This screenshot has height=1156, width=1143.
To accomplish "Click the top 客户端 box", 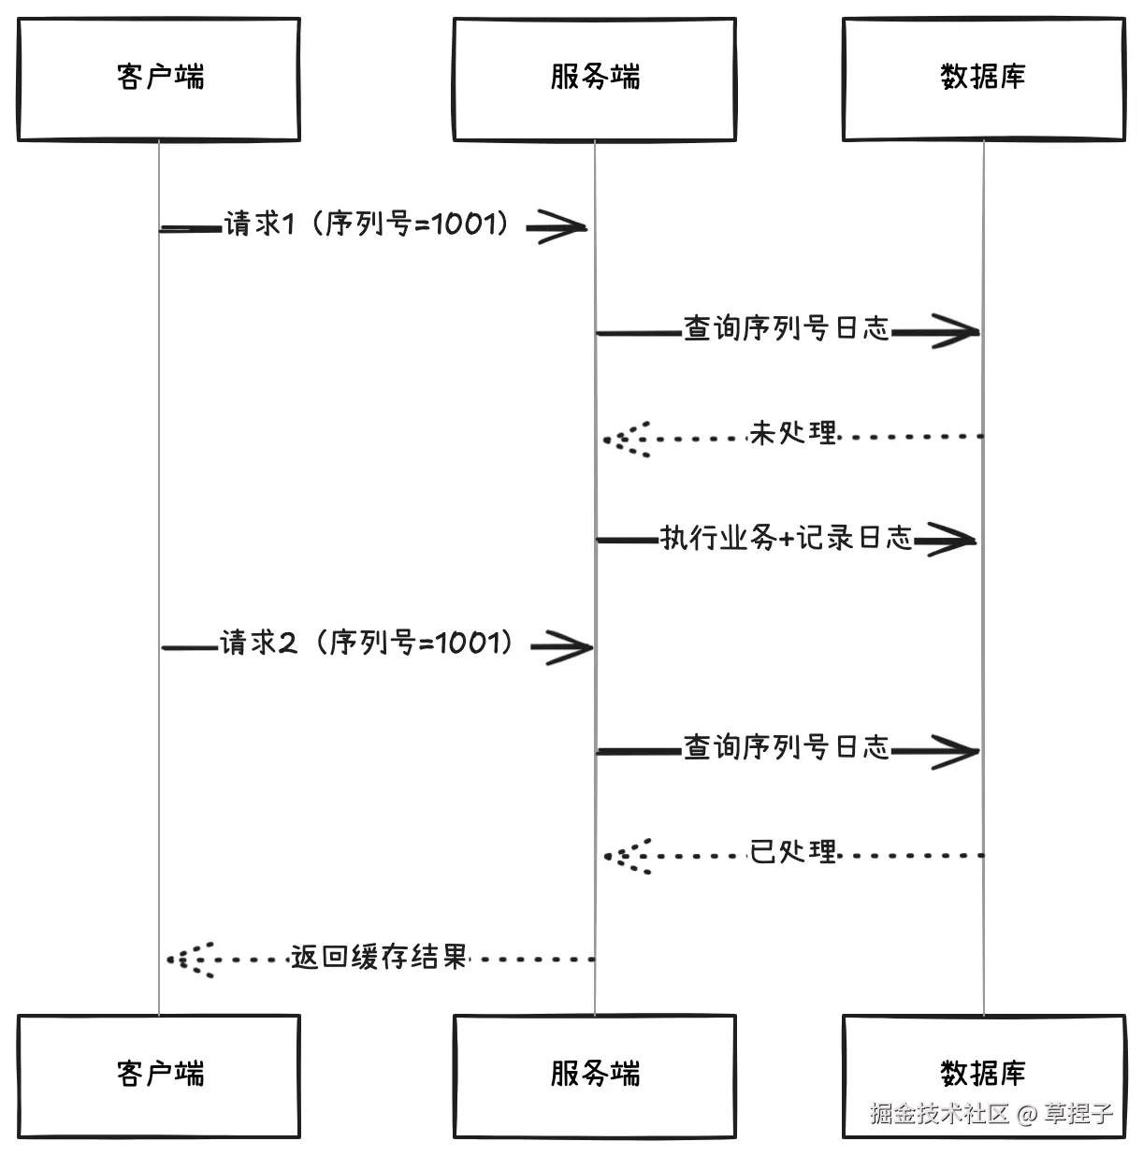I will pyautogui.click(x=158, y=79).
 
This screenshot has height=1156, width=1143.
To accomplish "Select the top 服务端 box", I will pyautogui.click(x=594, y=79).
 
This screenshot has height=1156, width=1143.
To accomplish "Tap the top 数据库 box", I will pyautogui.click(x=983, y=79).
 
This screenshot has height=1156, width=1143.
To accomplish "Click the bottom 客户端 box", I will pyautogui.click(x=158, y=1075).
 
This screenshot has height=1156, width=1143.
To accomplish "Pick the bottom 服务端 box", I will pyautogui.click(x=594, y=1075).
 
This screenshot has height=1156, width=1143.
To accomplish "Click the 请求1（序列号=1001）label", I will pyautogui.click(x=369, y=224).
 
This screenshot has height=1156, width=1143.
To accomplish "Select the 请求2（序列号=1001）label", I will pyautogui.click(x=367, y=643).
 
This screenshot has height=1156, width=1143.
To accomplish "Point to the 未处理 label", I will pyautogui.click(x=793, y=433).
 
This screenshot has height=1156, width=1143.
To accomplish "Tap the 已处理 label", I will pyautogui.click(x=793, y=852).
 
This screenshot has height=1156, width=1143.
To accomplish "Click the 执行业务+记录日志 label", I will pyautogui.click(x=786, y=538).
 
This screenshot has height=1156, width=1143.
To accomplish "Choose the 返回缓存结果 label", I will pyautogui.click(x=378, y=957).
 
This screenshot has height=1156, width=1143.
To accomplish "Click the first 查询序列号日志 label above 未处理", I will pyautogui.click(x=786, y=328).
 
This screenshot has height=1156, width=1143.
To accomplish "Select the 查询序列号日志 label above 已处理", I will pyautogui.click(x=786, y=747).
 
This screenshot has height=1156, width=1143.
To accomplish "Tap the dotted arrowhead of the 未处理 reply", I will pyautogui.click(x=625, y=438).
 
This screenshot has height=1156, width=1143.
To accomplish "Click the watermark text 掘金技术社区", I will pyautogui.click(x=939, y=1114).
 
